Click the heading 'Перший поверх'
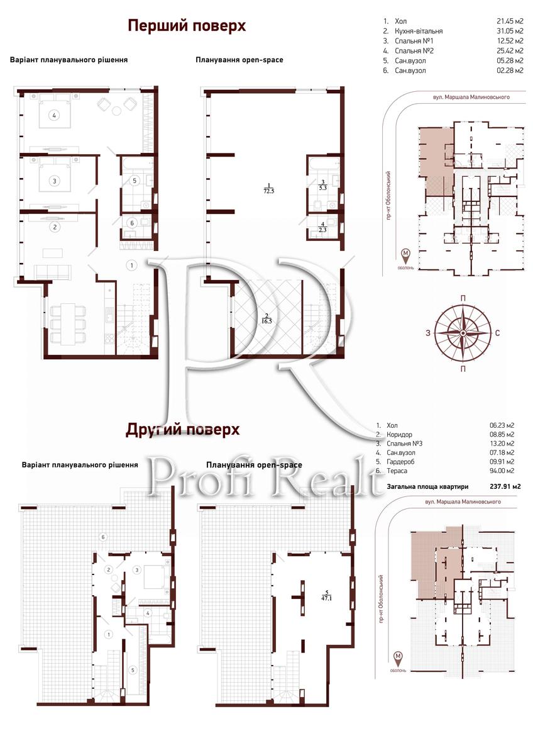click(x=187, y=26)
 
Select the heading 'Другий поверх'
click(x=182, y=430)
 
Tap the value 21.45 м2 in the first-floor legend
click(x=510, y=21)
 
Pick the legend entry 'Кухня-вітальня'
click(x=419, y=31)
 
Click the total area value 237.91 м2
click(x=505, y=486)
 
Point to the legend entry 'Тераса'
click(x=397, y=471)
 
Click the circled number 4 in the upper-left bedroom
click(x=54, y=116)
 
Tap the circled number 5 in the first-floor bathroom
click(x=135, y=181)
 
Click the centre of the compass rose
click(x=463, y=333)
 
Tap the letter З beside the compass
click(x=428, y=333)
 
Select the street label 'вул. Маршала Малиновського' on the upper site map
click(x=471, y=97)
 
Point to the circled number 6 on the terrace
click(x=103, y=537)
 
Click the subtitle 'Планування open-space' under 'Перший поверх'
click(x=239, y=60)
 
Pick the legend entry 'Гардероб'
click(x=400, y=462)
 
